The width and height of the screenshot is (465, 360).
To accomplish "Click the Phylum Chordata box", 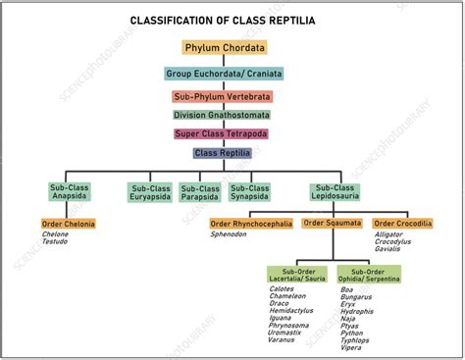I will pyautogui.click(x=224, y=47).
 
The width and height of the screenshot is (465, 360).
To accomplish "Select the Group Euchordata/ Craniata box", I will pyautogui.click(x=224, y=73).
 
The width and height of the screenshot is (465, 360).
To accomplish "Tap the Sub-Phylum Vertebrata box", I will pyautogui.click(x=224, y=97).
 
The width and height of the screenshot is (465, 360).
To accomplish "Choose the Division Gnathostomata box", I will pyautogui.click(x=224, y=115).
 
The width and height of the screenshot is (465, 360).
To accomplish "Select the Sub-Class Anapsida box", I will pyautogui.click(x=71, y=192).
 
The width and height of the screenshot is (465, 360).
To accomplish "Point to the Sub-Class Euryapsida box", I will pyautogui.click(x=150, y=192).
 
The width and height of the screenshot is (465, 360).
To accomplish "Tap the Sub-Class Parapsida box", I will pyautogui.click(x=201, y=192).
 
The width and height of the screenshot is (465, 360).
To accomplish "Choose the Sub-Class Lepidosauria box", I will pyautogui.click(x=336, y=192).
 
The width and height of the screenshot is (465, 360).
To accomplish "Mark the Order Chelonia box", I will pyautogui.click(x=69, y=225).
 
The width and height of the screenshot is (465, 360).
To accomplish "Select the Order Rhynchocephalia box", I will pyautogui.click(x=251, y=224).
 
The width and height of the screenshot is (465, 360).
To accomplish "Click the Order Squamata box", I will pyautogui.click(x=333, y=224).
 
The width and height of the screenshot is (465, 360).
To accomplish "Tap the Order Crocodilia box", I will pyautogui.click(x=402, y=224).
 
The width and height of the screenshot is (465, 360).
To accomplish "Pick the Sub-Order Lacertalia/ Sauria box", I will pyautogui.click(x=297, y=275).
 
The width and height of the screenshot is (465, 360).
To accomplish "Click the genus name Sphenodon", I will pyautogui.click(x=230, y=235).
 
